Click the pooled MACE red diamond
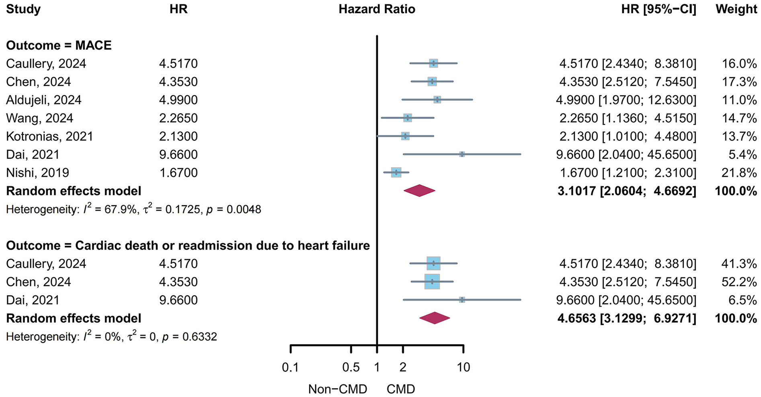point(419,190)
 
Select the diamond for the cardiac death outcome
point(435,318)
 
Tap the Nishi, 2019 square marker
point(396,172)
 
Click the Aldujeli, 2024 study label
point(43,100)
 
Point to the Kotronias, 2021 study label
point(49,136)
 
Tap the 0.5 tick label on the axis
point(351,367)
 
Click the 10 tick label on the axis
point(463,367)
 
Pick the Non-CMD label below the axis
point(337,389)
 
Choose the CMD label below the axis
point(400,389)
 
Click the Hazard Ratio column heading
point(377,9)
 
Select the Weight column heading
point(736,9)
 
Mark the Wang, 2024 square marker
point(407,118)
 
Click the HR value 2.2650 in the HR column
point(178,118)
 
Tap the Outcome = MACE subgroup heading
point(59,45)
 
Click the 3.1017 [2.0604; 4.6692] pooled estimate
point(626,190)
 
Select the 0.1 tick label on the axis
point(290,367)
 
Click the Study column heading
point(23,9)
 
